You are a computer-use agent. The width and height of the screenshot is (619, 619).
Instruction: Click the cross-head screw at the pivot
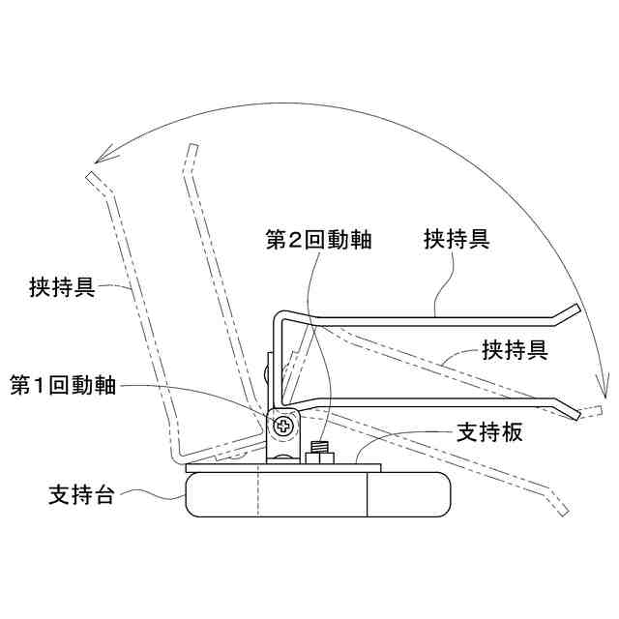tap(283, 425)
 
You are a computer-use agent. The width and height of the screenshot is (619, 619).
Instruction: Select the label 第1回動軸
tap(64, 384)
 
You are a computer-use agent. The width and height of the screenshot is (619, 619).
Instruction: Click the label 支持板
tap(489, 432)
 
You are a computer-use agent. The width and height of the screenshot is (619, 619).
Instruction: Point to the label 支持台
tap(81, 496)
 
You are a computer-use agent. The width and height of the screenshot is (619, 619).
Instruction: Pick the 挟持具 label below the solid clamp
tap(515, 350)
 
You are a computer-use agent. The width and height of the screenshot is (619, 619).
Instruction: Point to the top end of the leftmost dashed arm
tap(90, 177)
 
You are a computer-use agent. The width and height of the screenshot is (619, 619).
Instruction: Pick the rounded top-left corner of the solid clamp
tap(279, 318)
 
